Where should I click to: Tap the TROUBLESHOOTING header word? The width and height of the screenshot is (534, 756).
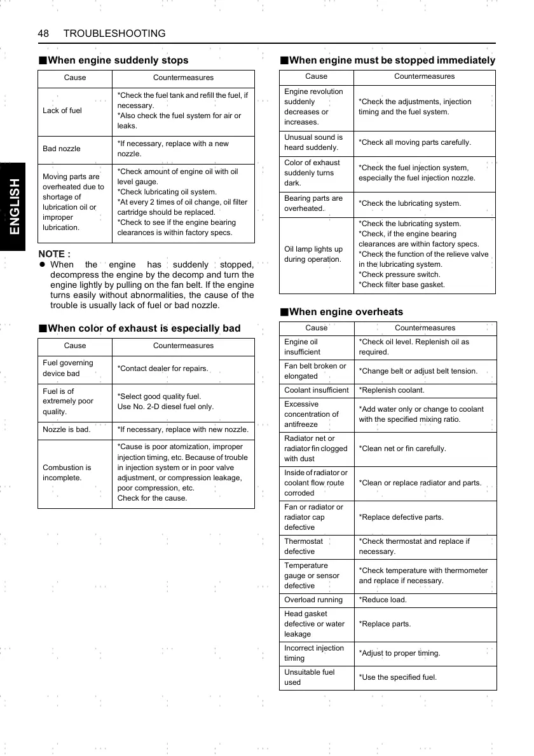114,33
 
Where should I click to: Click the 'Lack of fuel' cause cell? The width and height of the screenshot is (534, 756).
62,111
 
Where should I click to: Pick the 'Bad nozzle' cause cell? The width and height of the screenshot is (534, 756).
62,149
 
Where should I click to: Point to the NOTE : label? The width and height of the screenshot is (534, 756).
55,254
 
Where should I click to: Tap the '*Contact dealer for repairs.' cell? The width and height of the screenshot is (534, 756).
163,368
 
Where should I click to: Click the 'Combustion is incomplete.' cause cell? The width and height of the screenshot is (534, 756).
67,472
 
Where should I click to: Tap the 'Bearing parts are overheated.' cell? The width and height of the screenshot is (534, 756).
313,203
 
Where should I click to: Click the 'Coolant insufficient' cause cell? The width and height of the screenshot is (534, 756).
317,390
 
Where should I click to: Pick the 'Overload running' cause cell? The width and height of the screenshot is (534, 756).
313,600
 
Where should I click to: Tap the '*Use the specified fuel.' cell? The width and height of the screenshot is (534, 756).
398,677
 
